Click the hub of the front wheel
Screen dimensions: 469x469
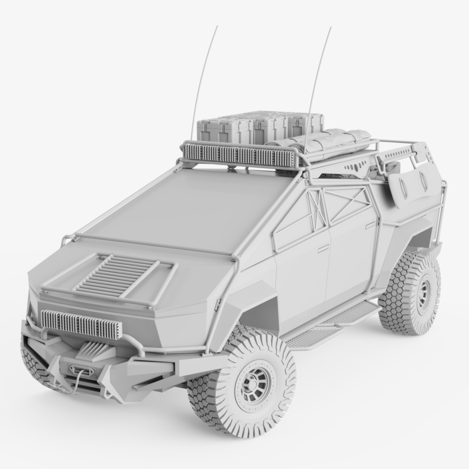(254, 385)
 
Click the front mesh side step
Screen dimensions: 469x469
(311, 337)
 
